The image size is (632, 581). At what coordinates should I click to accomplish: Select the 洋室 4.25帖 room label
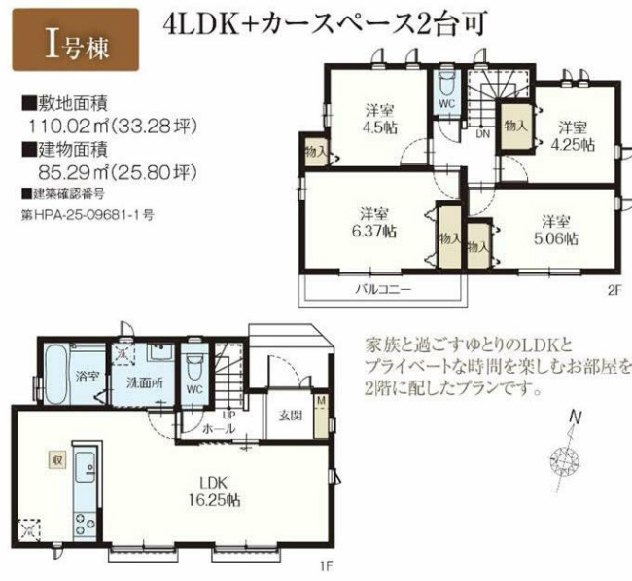pyautogui.click(x=573, y=134)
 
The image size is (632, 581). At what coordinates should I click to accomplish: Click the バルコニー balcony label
pyautogui.click(x=380, y=289)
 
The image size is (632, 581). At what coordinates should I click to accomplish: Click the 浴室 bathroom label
pyautogui.click(x=87, y=376)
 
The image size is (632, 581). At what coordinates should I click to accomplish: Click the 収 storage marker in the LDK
pyautogui.click(x=45, y=456)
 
